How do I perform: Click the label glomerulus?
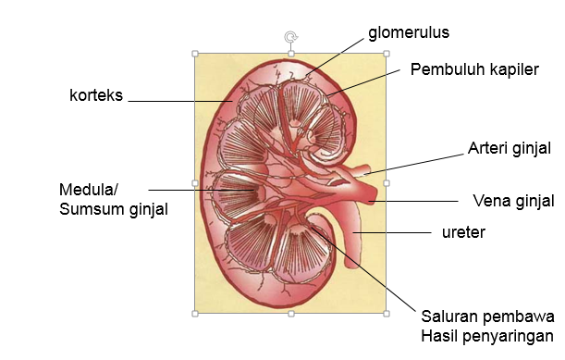coord(408,32)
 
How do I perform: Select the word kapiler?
coord(510,70)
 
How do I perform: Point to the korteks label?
coord(96,94)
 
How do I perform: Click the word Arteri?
coord(486,147)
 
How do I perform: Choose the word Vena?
coord(489,200)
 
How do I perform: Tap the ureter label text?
coord(463,231)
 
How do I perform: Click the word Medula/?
coord(89,190)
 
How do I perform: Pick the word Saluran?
coord(450,315)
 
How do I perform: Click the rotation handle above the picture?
coord(291,37)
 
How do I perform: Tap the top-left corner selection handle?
coord(195,54)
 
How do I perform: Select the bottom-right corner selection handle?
coord(386,314)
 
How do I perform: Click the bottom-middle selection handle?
coord(290,314)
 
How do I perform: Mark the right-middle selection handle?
coord(386,183)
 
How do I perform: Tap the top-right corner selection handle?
coord(386,54)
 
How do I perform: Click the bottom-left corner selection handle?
coord(195,314)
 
